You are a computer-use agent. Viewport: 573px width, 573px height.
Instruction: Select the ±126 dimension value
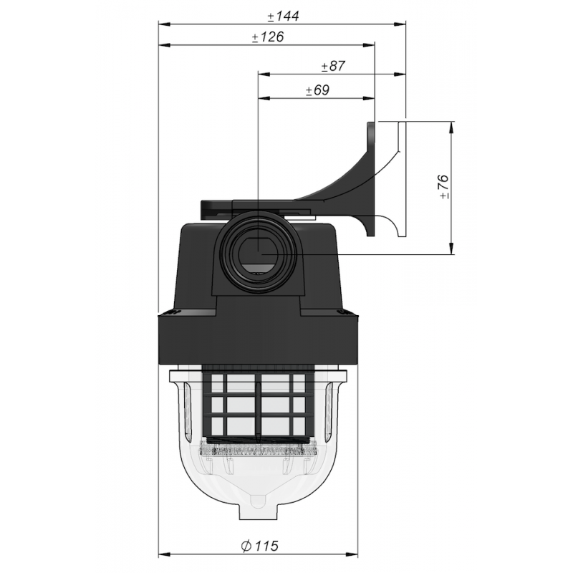point(266,39)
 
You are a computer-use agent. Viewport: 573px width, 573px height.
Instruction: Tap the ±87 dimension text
point(334,67)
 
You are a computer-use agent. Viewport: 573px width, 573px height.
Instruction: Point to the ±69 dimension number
point(317,90)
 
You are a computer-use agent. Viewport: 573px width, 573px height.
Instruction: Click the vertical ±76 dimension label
point(443,186)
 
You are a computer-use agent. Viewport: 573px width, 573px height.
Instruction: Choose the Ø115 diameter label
point(260,546)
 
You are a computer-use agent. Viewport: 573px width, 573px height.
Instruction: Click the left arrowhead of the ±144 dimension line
point(161,24)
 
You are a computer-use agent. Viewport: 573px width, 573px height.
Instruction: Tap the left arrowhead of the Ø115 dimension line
point(161,553)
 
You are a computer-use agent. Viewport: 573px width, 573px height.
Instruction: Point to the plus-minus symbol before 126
point(256,39)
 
